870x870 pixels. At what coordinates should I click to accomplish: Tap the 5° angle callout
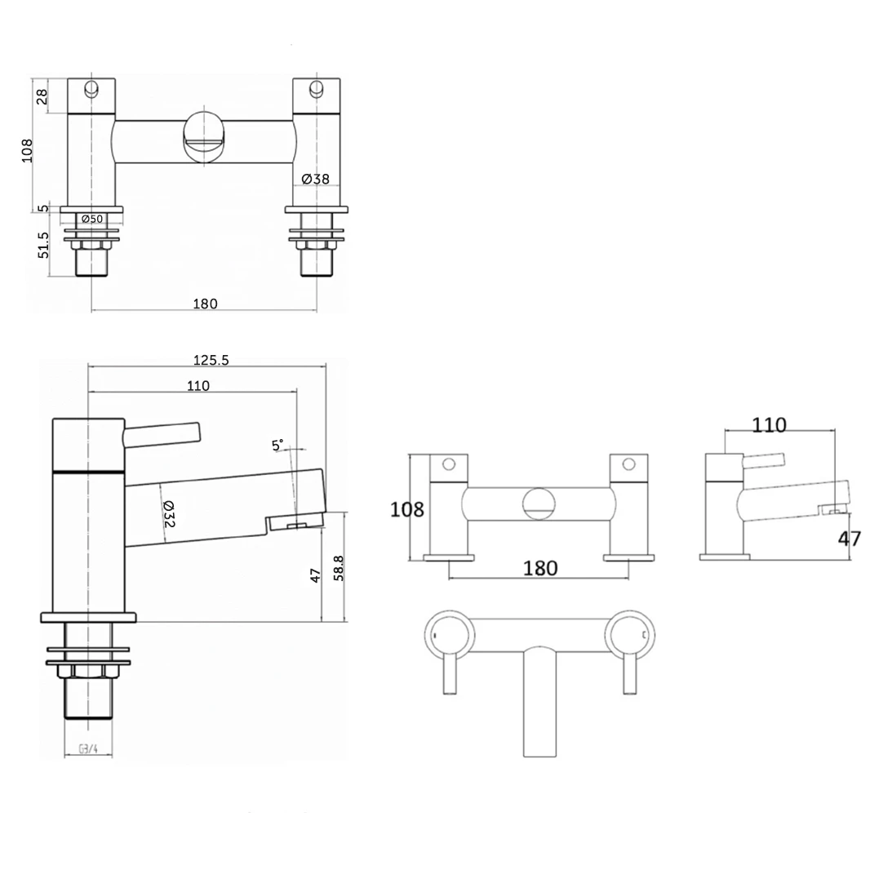tap(278, 445)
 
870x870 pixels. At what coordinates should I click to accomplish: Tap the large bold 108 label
tap(408, 510)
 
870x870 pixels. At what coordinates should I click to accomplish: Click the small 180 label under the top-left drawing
tap(205, 304)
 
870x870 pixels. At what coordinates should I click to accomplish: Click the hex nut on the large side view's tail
tap(86, 670)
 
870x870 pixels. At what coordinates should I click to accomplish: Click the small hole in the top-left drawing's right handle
tap(316, 89)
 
